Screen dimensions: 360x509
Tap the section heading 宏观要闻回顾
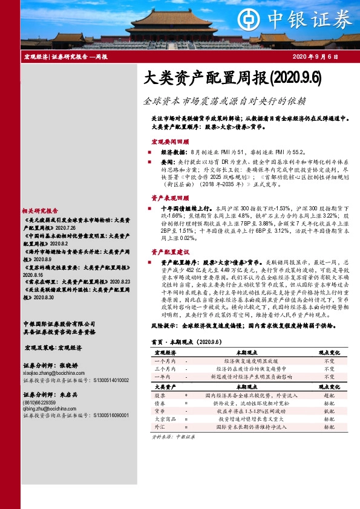[169, 141]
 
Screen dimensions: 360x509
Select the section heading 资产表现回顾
[169, 198]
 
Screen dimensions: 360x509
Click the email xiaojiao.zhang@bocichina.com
[55, 374]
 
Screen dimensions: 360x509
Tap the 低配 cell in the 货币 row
[329, 427]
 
